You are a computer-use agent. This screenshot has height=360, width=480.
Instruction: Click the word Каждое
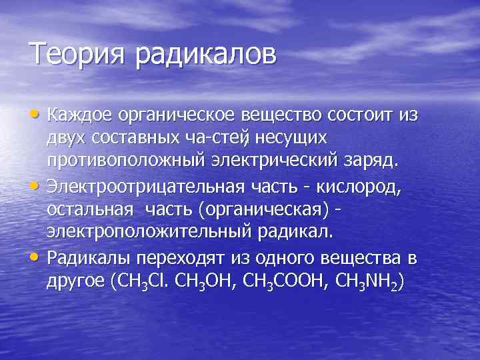point(79,116)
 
